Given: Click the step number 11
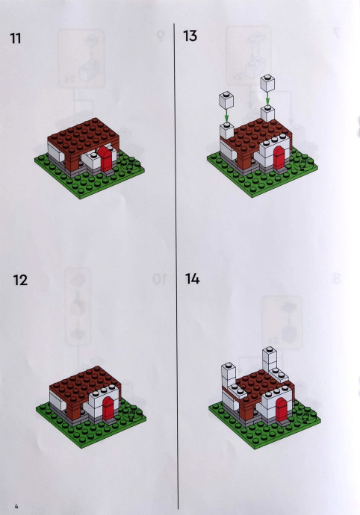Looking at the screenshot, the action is (x=16, y=38).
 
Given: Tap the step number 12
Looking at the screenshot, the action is (x=20, y=280).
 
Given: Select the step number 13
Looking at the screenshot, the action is (x=190, y=36).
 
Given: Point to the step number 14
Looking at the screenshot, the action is (x=193, y=279).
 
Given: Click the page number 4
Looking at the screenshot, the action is (x=16, y=506).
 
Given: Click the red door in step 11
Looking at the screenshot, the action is (x=105, y=159).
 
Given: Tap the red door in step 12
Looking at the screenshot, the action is (x=108, y=408).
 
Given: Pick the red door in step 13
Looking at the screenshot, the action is (x=279, y=157).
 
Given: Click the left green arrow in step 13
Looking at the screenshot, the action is (x=226, y=116).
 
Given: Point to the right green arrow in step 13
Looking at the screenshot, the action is (x=267, y=99).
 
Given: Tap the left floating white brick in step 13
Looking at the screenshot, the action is (x=226, y=100).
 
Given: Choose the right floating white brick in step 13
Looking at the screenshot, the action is (x=267, y=83).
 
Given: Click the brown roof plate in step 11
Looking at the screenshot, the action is (x=83, y=134).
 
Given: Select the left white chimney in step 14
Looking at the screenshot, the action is (x=229, y=376).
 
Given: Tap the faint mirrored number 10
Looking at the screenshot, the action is (x=160, y=279).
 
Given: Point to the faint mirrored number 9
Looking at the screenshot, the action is (x=160, y=36).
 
